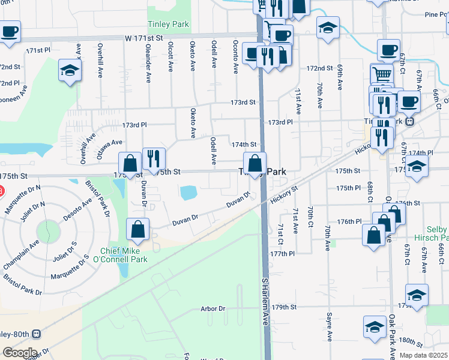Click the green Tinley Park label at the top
[168, 25]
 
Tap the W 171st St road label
[144, 38]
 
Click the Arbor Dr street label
[213, 309]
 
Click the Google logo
[19, 353]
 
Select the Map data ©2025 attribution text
[423, 355]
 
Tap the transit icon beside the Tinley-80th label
[37, 334]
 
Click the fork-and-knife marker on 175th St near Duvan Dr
[154, 159]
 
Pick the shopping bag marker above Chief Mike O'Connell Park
[137, 229]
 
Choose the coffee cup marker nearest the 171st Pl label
[10, 32]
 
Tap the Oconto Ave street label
[235, 55]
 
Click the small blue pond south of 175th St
[188, 192]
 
